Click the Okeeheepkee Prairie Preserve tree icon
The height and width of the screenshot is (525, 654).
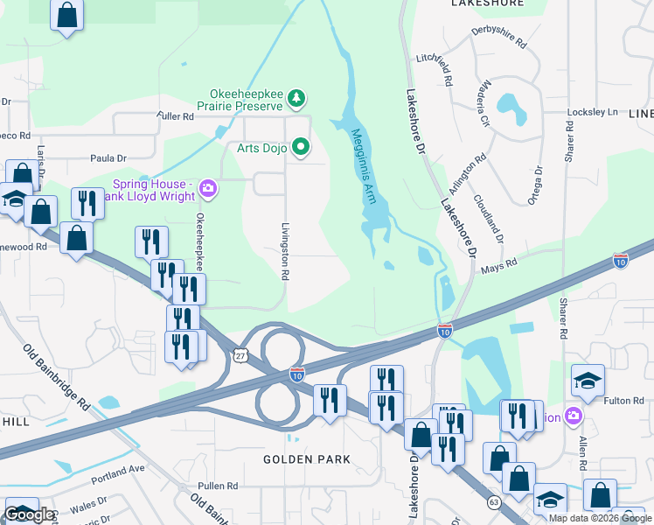pos(297,99)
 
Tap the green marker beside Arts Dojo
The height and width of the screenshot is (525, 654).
pos(301,147)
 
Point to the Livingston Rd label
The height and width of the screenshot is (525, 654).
pos(284,250)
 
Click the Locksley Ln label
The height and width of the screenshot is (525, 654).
pos(593,113)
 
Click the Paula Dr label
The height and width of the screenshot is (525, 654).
pos(108,158)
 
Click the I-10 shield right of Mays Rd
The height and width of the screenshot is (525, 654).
pos(620,261)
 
